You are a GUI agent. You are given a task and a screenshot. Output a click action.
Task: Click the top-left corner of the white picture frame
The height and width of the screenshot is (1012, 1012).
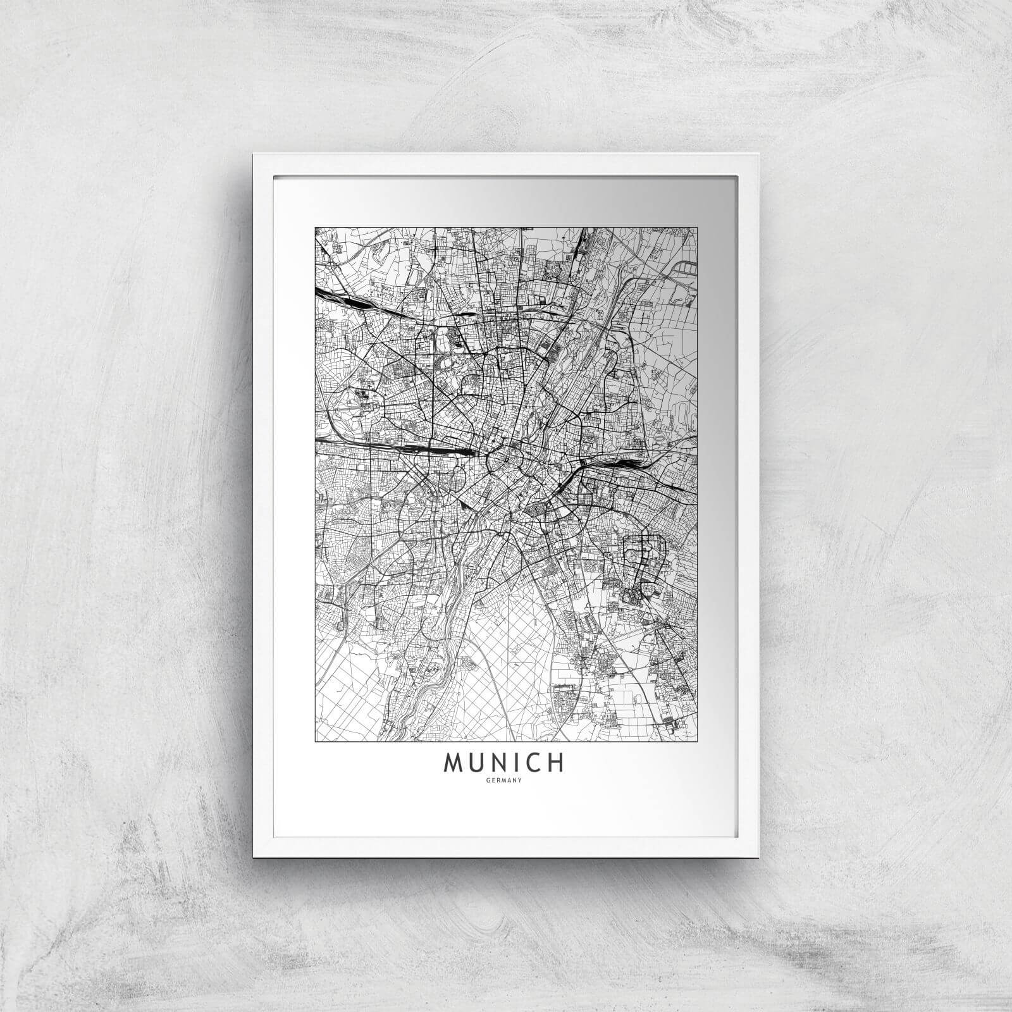click(x=254, y=154)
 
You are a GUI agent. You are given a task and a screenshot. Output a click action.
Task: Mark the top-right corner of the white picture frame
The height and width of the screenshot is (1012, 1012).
click(x=758, y=154)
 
